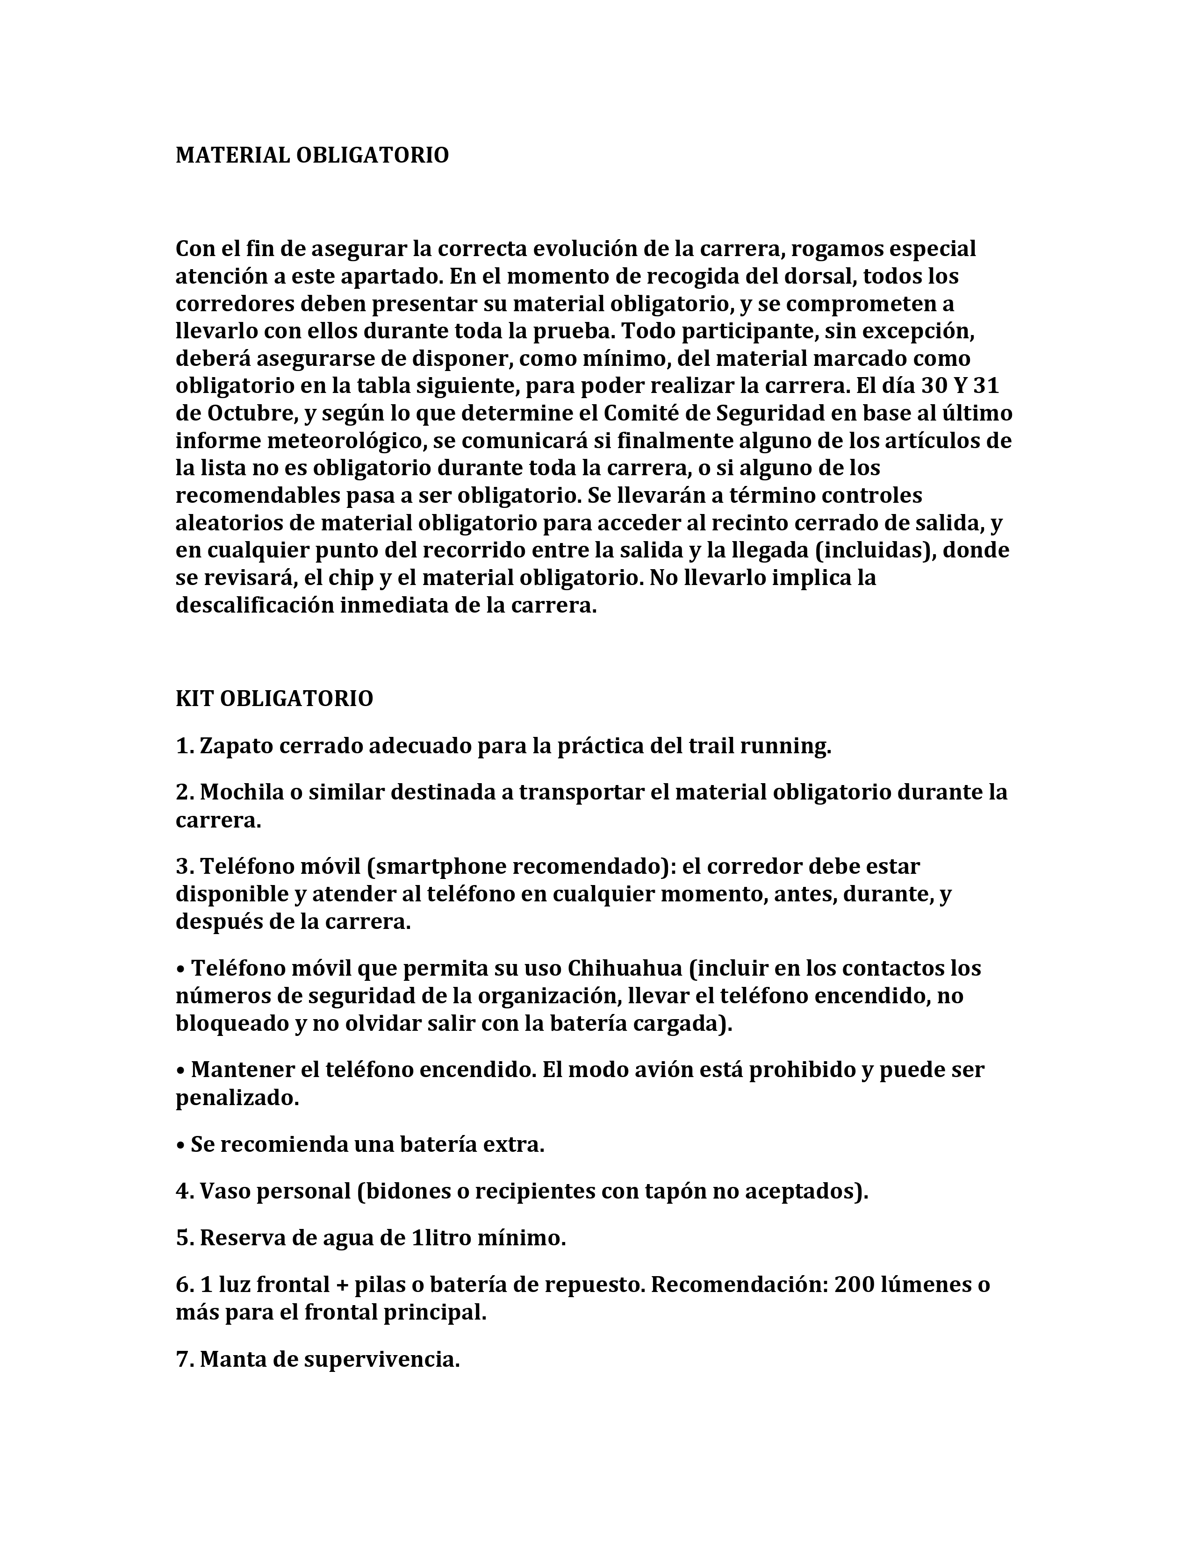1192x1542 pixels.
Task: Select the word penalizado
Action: [237, 1098]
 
